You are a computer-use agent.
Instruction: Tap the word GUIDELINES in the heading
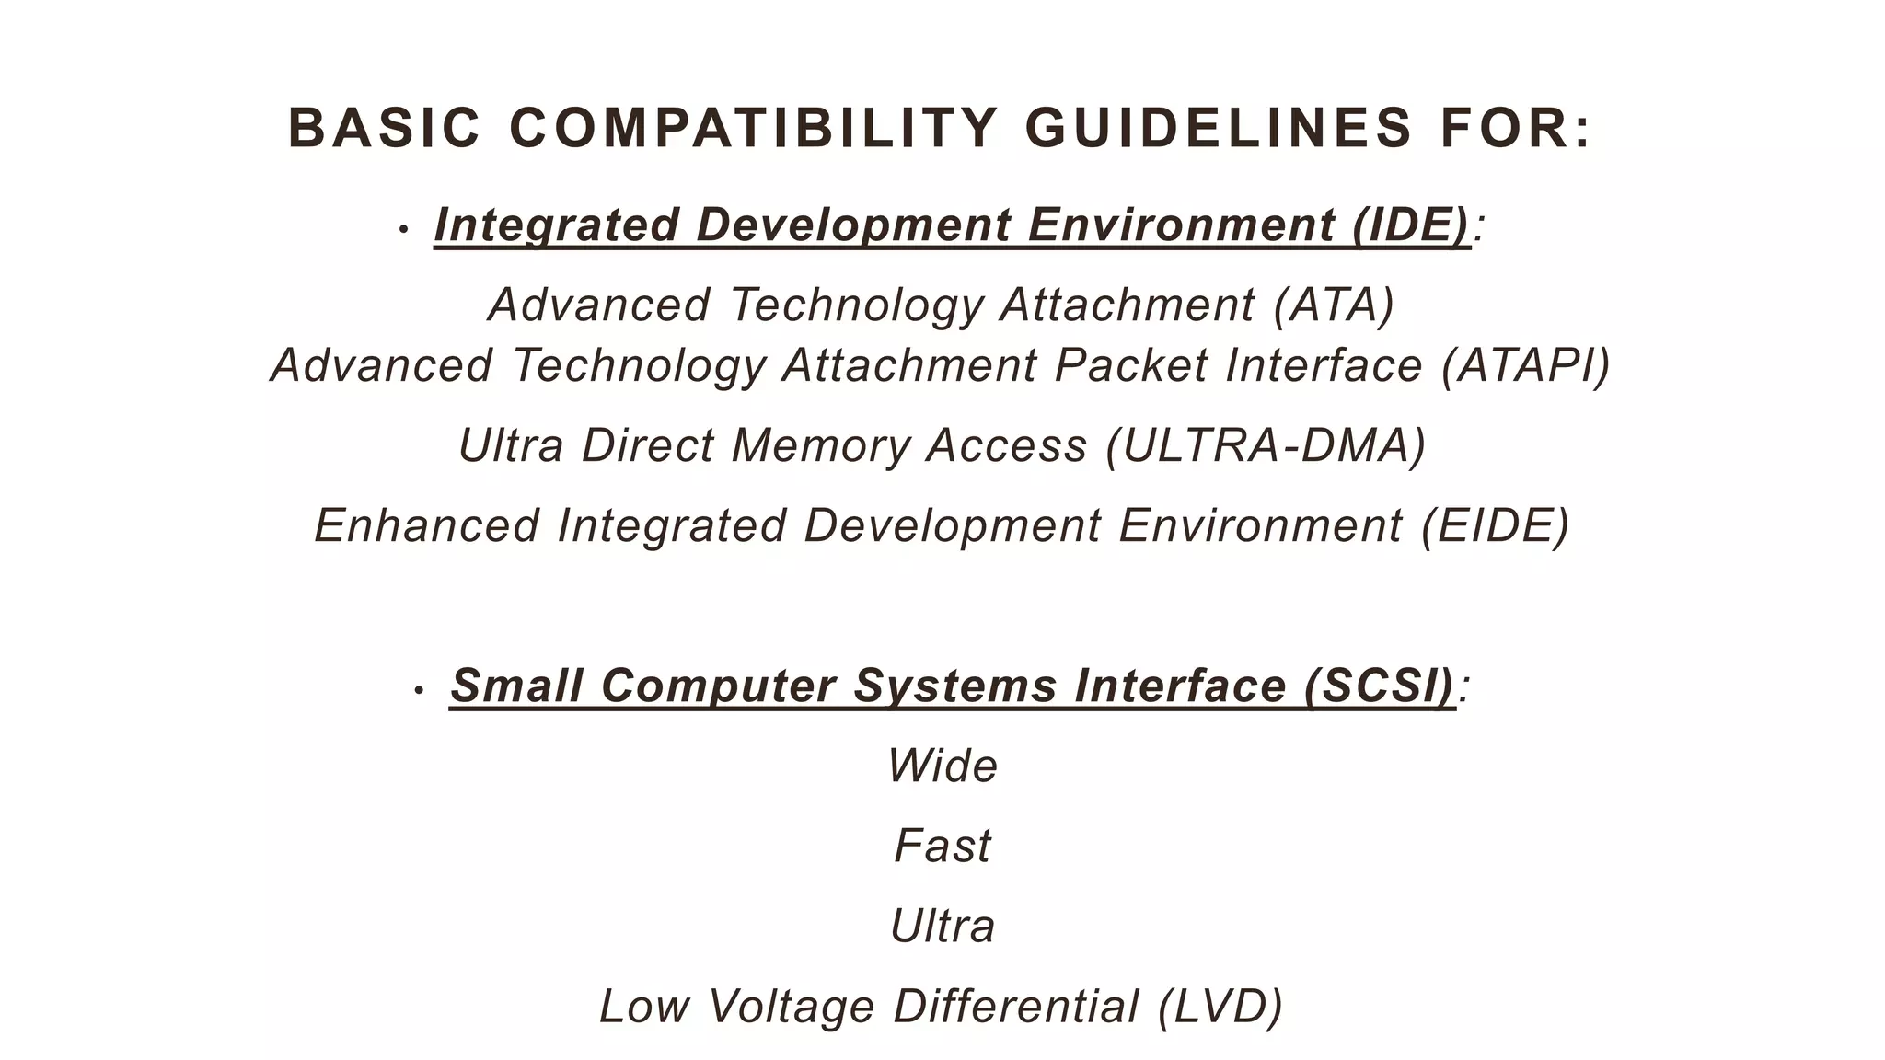[1219, 128]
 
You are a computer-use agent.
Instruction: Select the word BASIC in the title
[385, 128]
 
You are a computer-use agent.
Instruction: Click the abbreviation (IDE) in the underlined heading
[1411, 225]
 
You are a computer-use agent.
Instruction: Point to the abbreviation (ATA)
[1334, 305]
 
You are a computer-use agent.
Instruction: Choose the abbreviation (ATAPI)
[1525, 365]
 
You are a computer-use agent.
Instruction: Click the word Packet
[1130, 365]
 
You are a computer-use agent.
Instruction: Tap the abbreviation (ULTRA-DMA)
[1266, 445]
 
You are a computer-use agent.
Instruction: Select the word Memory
[821, 445]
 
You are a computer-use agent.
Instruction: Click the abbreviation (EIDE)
[1495, 525]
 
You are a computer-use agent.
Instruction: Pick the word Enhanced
[427, 525]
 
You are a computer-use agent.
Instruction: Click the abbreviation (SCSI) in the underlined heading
[1380, 686]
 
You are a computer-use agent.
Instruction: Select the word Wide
[942, 766]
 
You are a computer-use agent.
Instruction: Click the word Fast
[942, 846]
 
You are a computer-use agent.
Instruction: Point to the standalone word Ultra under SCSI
[942, 926]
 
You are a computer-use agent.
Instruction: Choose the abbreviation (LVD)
[1220, 1006]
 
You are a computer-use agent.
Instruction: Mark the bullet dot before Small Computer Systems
[419, 689]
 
